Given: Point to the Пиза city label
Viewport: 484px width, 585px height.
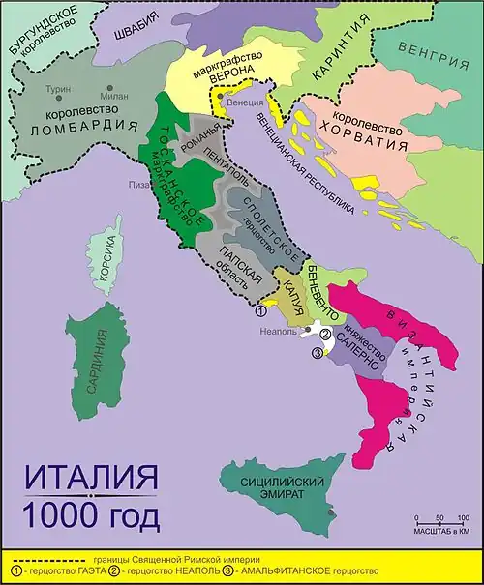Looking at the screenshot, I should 134,184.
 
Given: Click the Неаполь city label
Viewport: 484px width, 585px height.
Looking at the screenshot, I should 279,330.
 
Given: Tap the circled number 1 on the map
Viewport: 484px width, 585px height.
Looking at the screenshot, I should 260,311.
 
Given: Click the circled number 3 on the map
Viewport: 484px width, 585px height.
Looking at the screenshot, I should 318,353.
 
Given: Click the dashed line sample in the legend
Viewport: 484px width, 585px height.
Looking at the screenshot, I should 53,560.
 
